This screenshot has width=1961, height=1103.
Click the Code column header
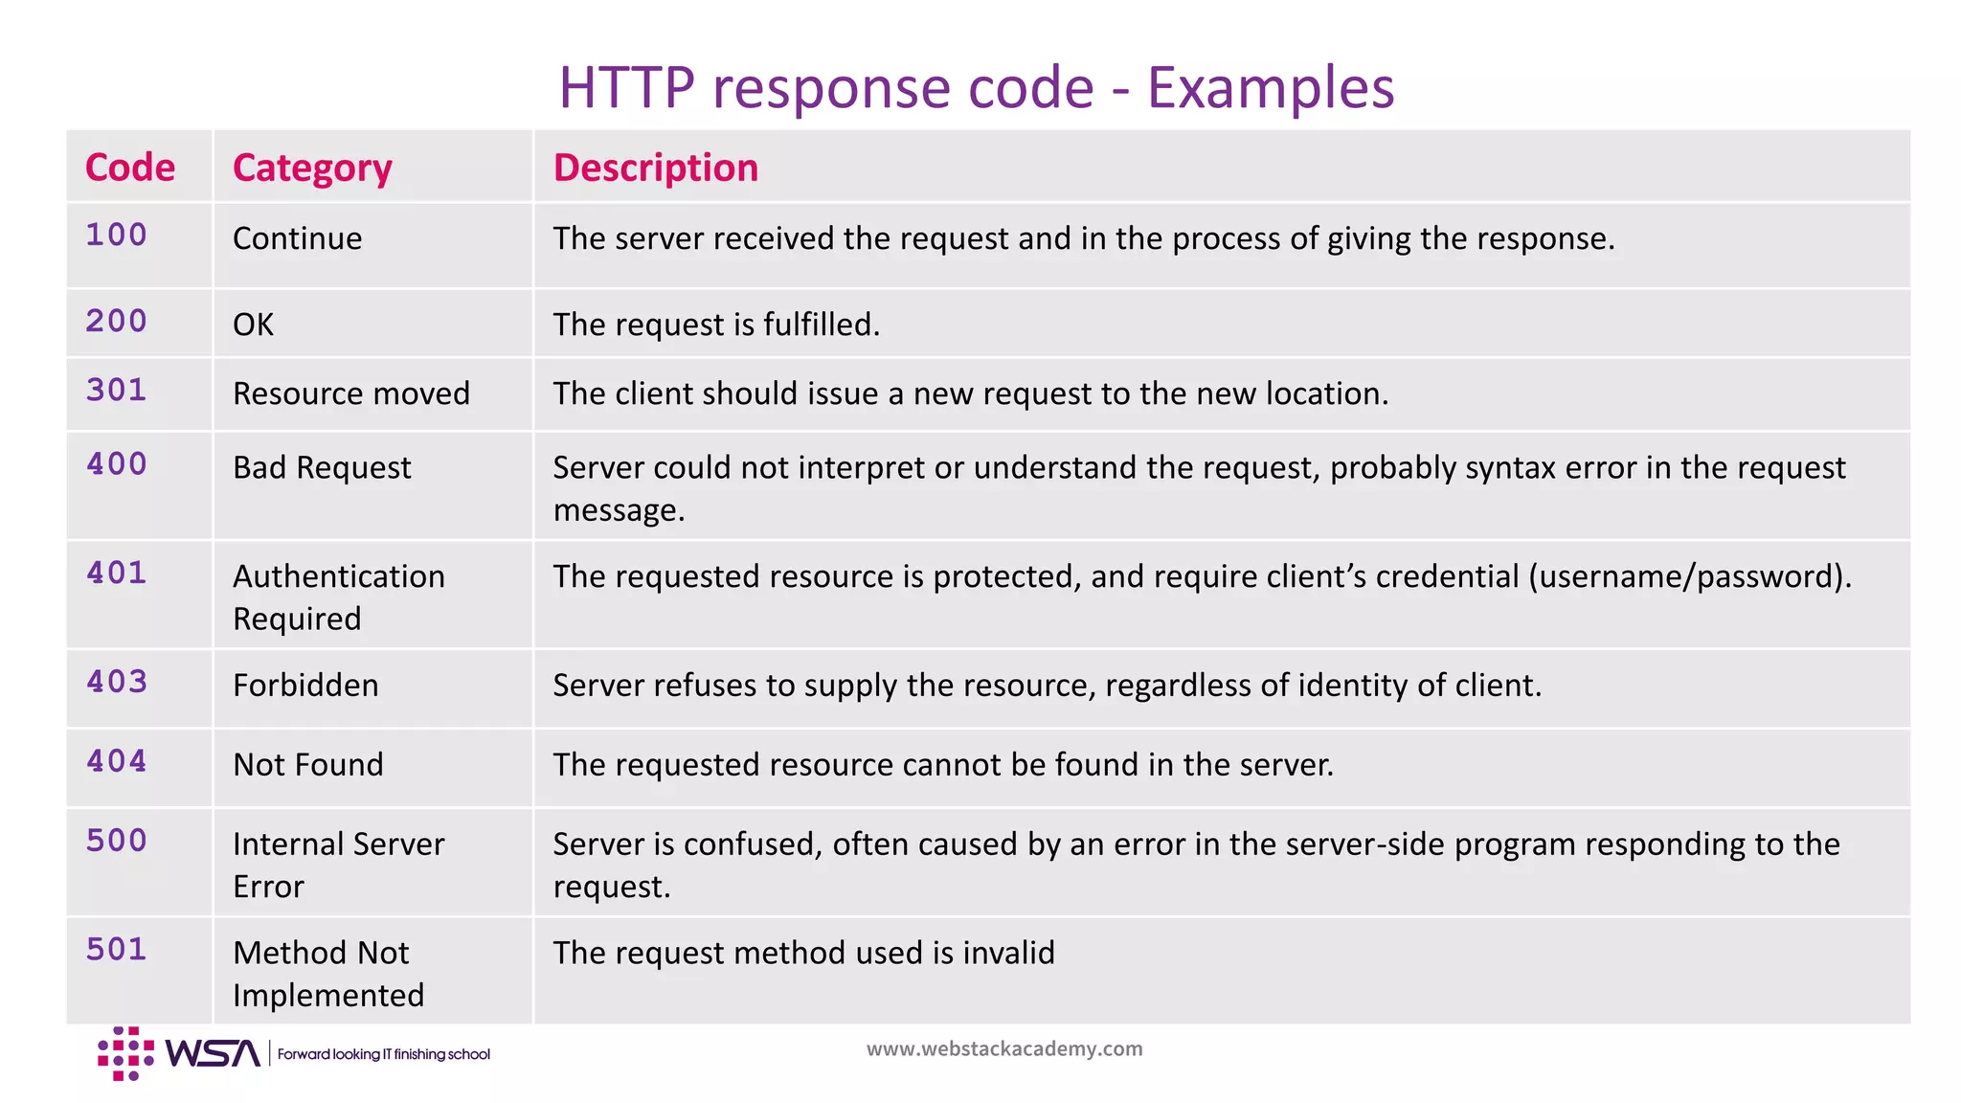coord(130,168)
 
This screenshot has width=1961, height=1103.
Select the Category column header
coord(312,169)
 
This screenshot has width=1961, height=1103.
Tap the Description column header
coord(655,168)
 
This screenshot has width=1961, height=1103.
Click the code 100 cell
coord(117,235)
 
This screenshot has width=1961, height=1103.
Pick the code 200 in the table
coord(117,321)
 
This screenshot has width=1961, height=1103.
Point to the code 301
coord(117,390)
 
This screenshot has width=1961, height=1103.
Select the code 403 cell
coord(117,682)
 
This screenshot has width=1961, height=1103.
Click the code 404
coord(117,761)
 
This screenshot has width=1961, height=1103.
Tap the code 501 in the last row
coord(117,949)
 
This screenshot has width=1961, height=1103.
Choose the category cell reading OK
coord(253,325)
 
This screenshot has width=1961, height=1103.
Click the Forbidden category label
coord(305,686)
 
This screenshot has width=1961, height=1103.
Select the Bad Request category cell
coord(322,467)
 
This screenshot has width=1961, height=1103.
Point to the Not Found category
coord(307,765)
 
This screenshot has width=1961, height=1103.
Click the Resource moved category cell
coord(351,394)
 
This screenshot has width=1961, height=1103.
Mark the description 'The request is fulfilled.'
coord(716,325)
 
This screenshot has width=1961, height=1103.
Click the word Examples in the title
coord(1270,88)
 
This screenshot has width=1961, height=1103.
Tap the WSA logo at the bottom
coord(179,1053)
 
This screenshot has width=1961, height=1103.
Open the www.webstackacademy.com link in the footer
coord(1004,1048)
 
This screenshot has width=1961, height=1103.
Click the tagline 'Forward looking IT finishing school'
coord(383,1054)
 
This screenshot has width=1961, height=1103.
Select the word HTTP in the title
coord(626,88)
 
